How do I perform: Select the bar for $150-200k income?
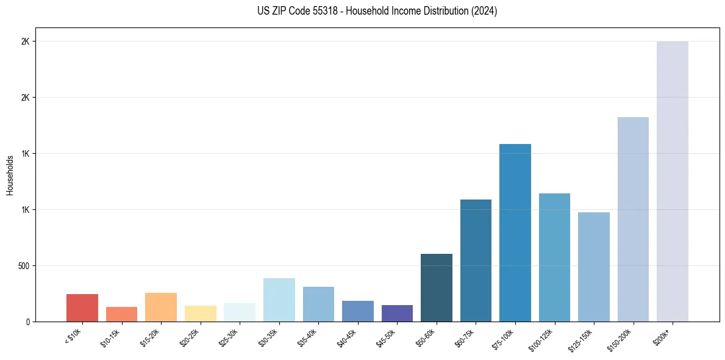click(x=633, y=219)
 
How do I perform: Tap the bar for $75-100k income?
click(x=515, y=232)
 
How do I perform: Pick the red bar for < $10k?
click(x=82, y=308)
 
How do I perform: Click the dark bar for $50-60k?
click(x=436, y=287)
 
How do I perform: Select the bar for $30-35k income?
click(x=279, y=300)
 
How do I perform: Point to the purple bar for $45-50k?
click(x=397, y=313)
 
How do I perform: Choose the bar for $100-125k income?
click(x=554, y=257)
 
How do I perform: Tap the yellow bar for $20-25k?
click(x=200, y=313)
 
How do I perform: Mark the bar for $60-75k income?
click(x=476, y=260)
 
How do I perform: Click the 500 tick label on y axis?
click(x=23, y=266)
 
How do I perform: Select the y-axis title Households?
click(x=10, y=175)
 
